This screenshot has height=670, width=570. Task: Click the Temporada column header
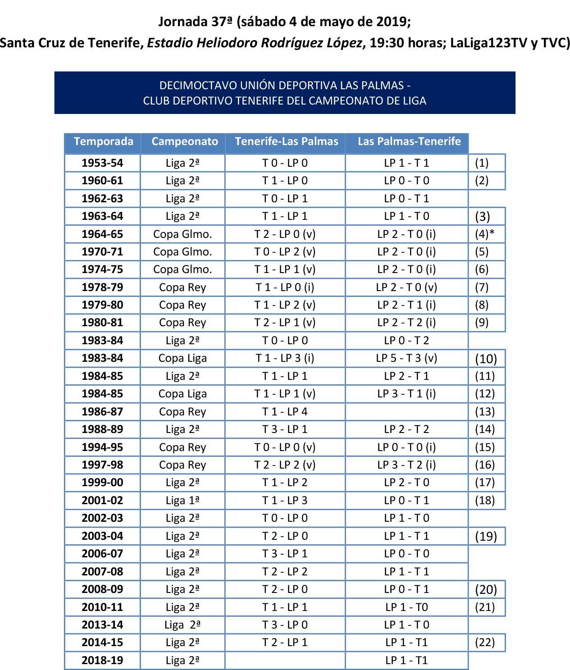click(103, 141)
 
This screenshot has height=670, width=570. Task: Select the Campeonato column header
click(184, 141)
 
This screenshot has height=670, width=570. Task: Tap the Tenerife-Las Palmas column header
click(286, 141)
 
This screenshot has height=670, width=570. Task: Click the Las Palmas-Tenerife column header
click(409, 141)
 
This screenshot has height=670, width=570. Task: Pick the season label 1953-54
click(102, 163)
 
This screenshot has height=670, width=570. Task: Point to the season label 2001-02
click(102, 500)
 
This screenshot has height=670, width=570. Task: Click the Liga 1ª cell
click(182, 500)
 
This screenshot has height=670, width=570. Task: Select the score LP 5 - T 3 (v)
click(406, 358)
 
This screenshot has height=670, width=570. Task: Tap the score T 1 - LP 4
click(285, 411)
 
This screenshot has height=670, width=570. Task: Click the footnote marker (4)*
click(484, 234)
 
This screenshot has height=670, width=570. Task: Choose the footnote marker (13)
click(485, 411)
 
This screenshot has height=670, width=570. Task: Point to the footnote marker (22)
click(485, 643)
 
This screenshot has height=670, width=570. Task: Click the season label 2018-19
click(102, 661)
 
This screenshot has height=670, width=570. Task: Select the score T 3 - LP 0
click(285, 625)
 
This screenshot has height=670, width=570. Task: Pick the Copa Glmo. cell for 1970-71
click(182, 252)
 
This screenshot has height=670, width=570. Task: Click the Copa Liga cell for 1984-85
click(182, 394)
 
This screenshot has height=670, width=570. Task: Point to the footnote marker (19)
click(486, 536)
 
